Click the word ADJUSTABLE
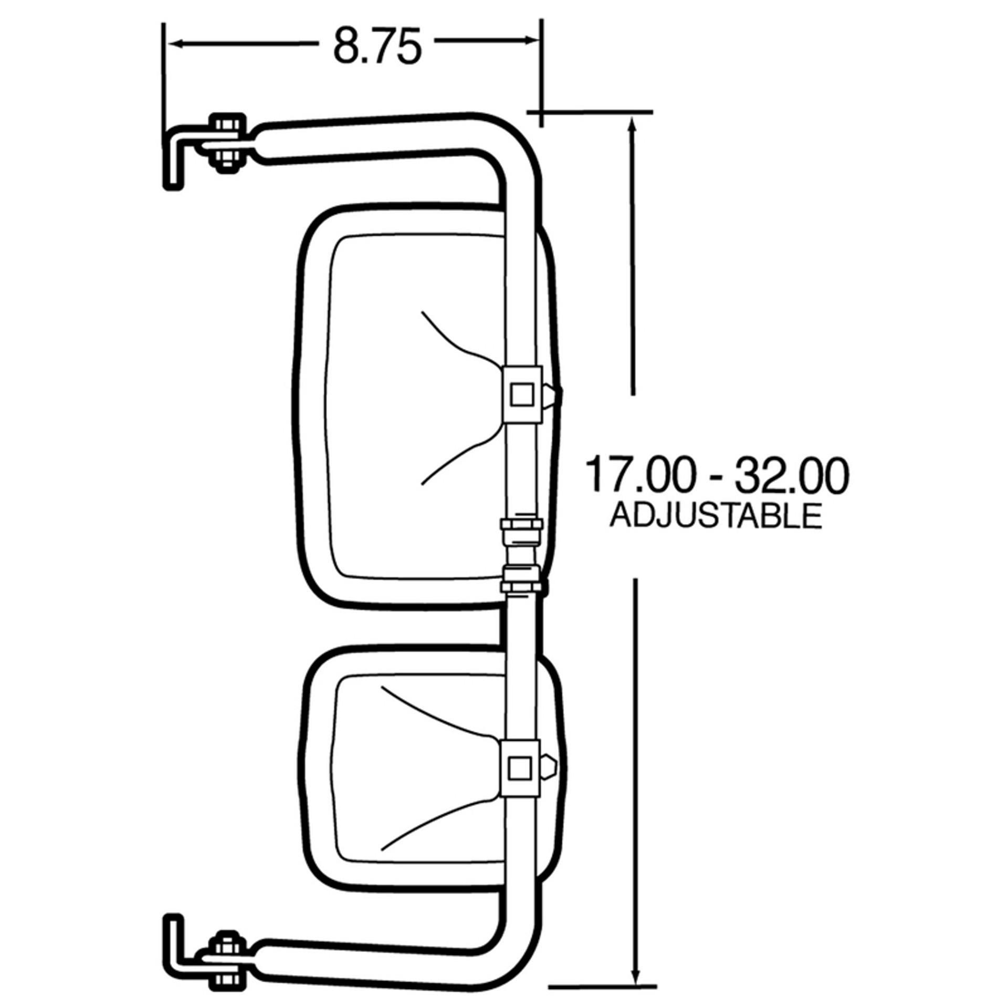pos(715,516)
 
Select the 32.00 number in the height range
pos(791,475)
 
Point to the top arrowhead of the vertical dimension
pos(633,126)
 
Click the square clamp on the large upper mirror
pos(522,394)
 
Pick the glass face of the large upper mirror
pos(409,409)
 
